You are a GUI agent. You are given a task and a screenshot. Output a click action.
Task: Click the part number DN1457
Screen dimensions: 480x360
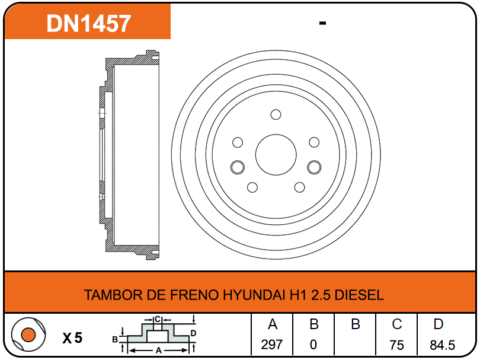click(88, 23)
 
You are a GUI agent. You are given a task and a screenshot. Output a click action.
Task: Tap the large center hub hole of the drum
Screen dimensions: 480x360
click(276, 155)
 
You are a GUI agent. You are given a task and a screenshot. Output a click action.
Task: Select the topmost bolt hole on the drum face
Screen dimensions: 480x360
click(276, 114)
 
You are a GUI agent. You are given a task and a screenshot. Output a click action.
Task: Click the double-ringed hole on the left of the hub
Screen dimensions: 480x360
click(237, 167)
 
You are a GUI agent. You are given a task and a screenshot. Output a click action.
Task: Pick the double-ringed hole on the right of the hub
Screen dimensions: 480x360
click(314, 167)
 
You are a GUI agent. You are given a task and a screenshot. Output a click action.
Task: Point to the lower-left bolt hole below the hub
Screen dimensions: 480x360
click(252, 187)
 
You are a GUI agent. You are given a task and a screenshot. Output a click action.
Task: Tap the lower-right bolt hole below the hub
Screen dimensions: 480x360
click(299, 187)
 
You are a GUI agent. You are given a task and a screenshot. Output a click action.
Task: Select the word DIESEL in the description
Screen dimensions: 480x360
click(359, 295)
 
